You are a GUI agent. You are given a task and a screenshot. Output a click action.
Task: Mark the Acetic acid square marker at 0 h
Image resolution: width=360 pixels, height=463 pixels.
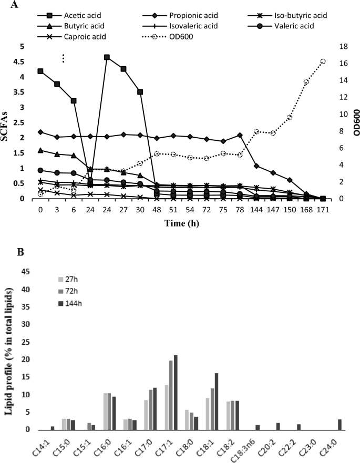[40, 71]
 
